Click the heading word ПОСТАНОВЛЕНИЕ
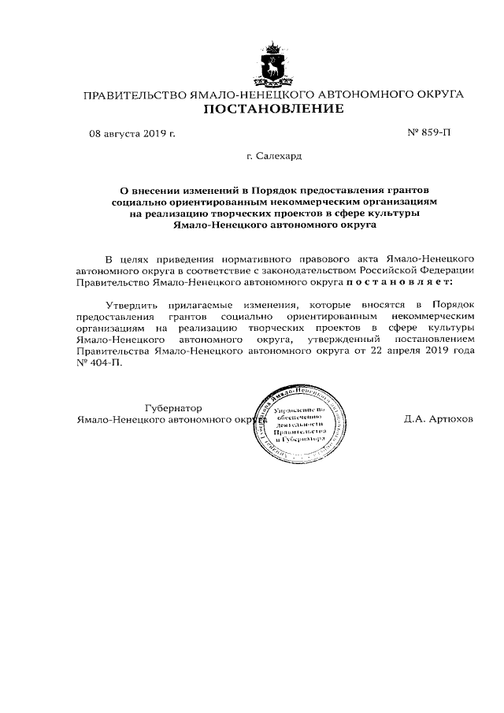click(x=273, y=110)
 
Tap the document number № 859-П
click(x=429, y=133)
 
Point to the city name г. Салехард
click(x=274, y=157)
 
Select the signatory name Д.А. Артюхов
click(x=439, y=420)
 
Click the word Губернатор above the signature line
click(x=174, y=408)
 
